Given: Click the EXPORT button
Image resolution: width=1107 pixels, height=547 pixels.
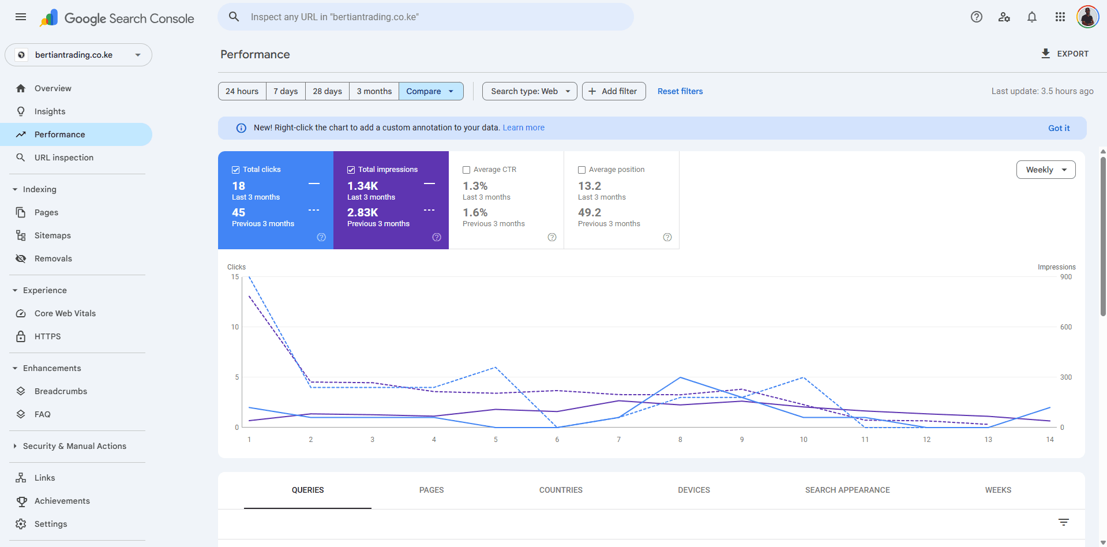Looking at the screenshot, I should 1065,54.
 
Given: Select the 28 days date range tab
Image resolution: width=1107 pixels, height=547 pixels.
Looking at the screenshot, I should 327,91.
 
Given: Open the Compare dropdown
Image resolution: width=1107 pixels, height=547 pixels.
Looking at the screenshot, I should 430,91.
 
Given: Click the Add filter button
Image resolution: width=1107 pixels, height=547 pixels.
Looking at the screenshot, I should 613,91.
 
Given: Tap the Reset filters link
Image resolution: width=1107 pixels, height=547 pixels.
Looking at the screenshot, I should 680,91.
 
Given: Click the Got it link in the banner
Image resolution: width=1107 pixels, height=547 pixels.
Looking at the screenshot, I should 1059,128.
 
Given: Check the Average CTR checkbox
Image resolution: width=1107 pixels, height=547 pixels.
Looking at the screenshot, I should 467,170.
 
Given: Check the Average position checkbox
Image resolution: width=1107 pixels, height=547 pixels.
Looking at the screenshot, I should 582,170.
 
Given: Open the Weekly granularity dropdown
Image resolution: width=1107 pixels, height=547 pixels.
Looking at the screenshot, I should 1045,170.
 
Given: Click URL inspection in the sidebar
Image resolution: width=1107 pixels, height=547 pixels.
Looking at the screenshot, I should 63,158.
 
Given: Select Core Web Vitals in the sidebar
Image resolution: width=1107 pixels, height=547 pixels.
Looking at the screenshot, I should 65,313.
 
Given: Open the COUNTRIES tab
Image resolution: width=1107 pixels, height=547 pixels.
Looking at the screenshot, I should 561,490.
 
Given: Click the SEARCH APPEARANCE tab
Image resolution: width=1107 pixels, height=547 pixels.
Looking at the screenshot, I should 847,490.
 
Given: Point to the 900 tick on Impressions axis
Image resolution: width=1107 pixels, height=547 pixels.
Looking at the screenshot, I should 1065,277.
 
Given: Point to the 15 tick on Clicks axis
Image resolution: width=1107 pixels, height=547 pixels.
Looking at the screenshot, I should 235,277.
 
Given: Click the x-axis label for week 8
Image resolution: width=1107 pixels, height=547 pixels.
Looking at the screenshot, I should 680,440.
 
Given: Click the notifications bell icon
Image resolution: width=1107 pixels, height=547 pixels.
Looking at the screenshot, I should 1031,17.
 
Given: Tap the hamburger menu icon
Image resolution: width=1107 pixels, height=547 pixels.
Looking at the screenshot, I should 21,17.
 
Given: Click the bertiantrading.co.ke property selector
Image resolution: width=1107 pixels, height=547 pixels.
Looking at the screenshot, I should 78,55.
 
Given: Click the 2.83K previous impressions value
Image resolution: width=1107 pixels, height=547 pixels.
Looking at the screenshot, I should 362,212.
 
